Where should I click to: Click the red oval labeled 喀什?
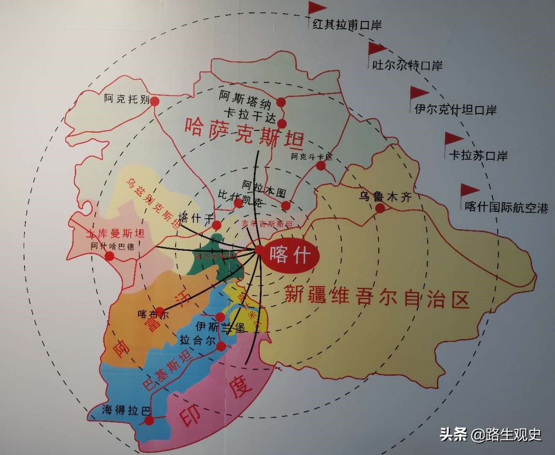click(x=291, y=255)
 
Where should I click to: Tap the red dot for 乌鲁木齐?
click(x=380, y=208)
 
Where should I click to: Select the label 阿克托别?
click(x=127, y=99)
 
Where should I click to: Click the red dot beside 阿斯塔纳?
click(x=281, y=102)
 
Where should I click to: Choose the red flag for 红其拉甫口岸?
click(x=316, y=8)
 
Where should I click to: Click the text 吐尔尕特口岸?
click(x=407, y=65)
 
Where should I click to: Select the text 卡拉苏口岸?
click(x=478, y=155)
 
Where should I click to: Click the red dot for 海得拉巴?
click(x=149, y=420)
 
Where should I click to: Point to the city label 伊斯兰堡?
click(x=220, y=327)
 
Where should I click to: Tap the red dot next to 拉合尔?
click(x=221, y=347)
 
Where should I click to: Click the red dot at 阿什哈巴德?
click(x=110, y=256)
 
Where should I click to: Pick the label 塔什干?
click(x=196, y=218)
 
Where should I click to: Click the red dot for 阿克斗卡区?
click(x=321, y=166)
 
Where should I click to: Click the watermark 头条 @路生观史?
click(x=490, y=434)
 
